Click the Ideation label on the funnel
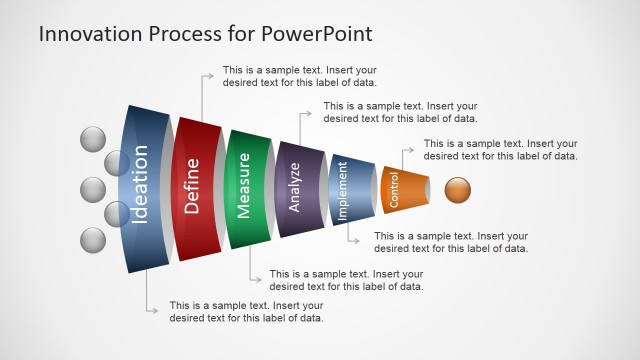pyautogui.click(x=140, y=186)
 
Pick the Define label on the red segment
pyautogui.click(x=192, y=186)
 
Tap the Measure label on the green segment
pyautogui.click(x=244, y=186)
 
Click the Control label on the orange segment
pyautogui.click(x=394, y=189)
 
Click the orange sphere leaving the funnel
pyautogui.click(x=458, y=189)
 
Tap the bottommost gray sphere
pyautogui.click(x=92, y=241)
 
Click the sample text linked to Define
pyautogui.click(x=299, y=77)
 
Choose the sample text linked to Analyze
pyautogui.click(x=401, y=112)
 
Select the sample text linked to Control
pyautogui.click(x=500, y=149)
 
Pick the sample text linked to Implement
pyautogui.click(x=451, y=242)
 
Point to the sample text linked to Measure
pyautogui.click(x=346, y=280)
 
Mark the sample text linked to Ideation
pyautogui.click(x=246, y=312)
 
